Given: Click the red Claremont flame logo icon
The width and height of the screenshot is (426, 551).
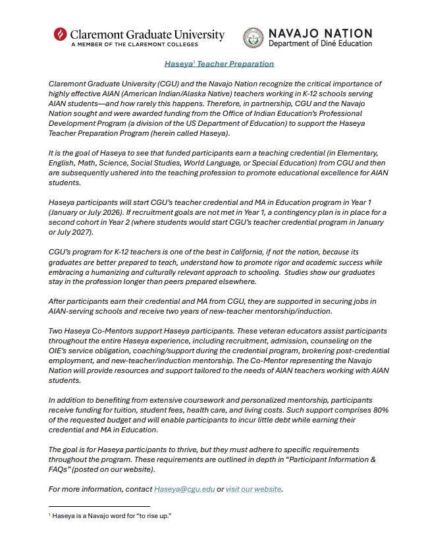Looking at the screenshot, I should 60,36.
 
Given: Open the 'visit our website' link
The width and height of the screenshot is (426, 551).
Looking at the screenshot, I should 253,489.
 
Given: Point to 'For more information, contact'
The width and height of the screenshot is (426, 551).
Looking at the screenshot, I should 100,489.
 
